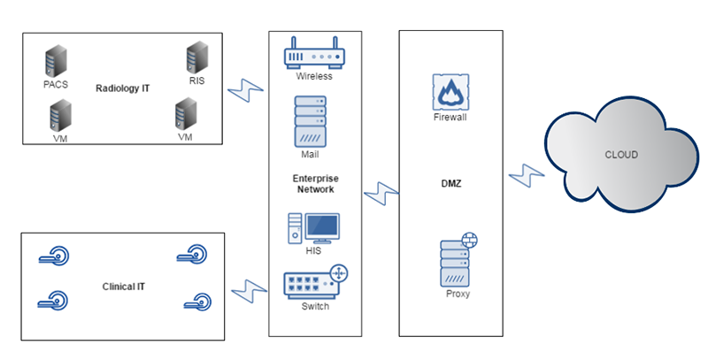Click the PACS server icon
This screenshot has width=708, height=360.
(x=55, y=63)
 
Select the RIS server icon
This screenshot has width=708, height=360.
(x=196, y=57)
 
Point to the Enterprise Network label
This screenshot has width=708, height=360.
(x=315, y=184)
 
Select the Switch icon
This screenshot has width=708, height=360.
(x=314, y=282)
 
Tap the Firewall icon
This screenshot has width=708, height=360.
(x=450, y=91)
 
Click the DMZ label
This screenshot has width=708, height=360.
(x=450, y=184)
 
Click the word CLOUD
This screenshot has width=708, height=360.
(x=620, y=155)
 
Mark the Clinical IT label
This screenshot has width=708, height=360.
(x=122, y=287)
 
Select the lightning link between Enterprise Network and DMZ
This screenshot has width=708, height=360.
(x=381, y=193)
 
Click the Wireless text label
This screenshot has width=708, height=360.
(x=314, y=76)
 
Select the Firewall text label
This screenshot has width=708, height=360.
(x=450, y=117)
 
